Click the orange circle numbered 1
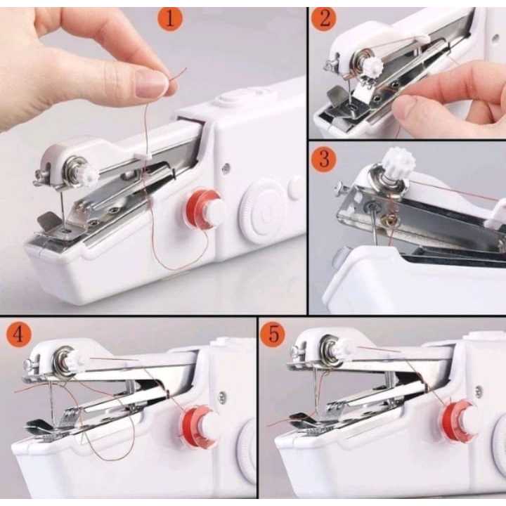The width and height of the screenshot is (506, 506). tap(170, 19)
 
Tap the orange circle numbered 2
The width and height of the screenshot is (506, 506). tap(324, 19)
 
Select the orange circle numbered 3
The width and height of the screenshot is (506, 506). tap(324, 159)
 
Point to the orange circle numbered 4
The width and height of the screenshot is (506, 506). tap(18, 335)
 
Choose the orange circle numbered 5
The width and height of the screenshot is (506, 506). tap(273, 335)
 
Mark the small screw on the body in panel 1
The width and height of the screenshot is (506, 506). tap(226, 167)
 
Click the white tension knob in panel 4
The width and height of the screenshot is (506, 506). tap(75, 361)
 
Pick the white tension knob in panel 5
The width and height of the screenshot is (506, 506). tap(344, 349)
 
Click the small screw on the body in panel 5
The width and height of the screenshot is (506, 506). tap(479, 391)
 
